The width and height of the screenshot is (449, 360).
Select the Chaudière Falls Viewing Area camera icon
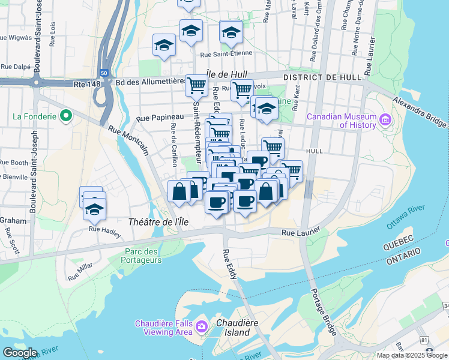[x=202, y=328]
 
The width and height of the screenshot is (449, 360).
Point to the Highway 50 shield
[x=104, y=73]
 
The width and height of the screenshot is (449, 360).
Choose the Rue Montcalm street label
[x=128, y=139]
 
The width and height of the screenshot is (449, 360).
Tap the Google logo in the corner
[x=20, y=353]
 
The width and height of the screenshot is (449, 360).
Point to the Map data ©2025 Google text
[x=412, y=355]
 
